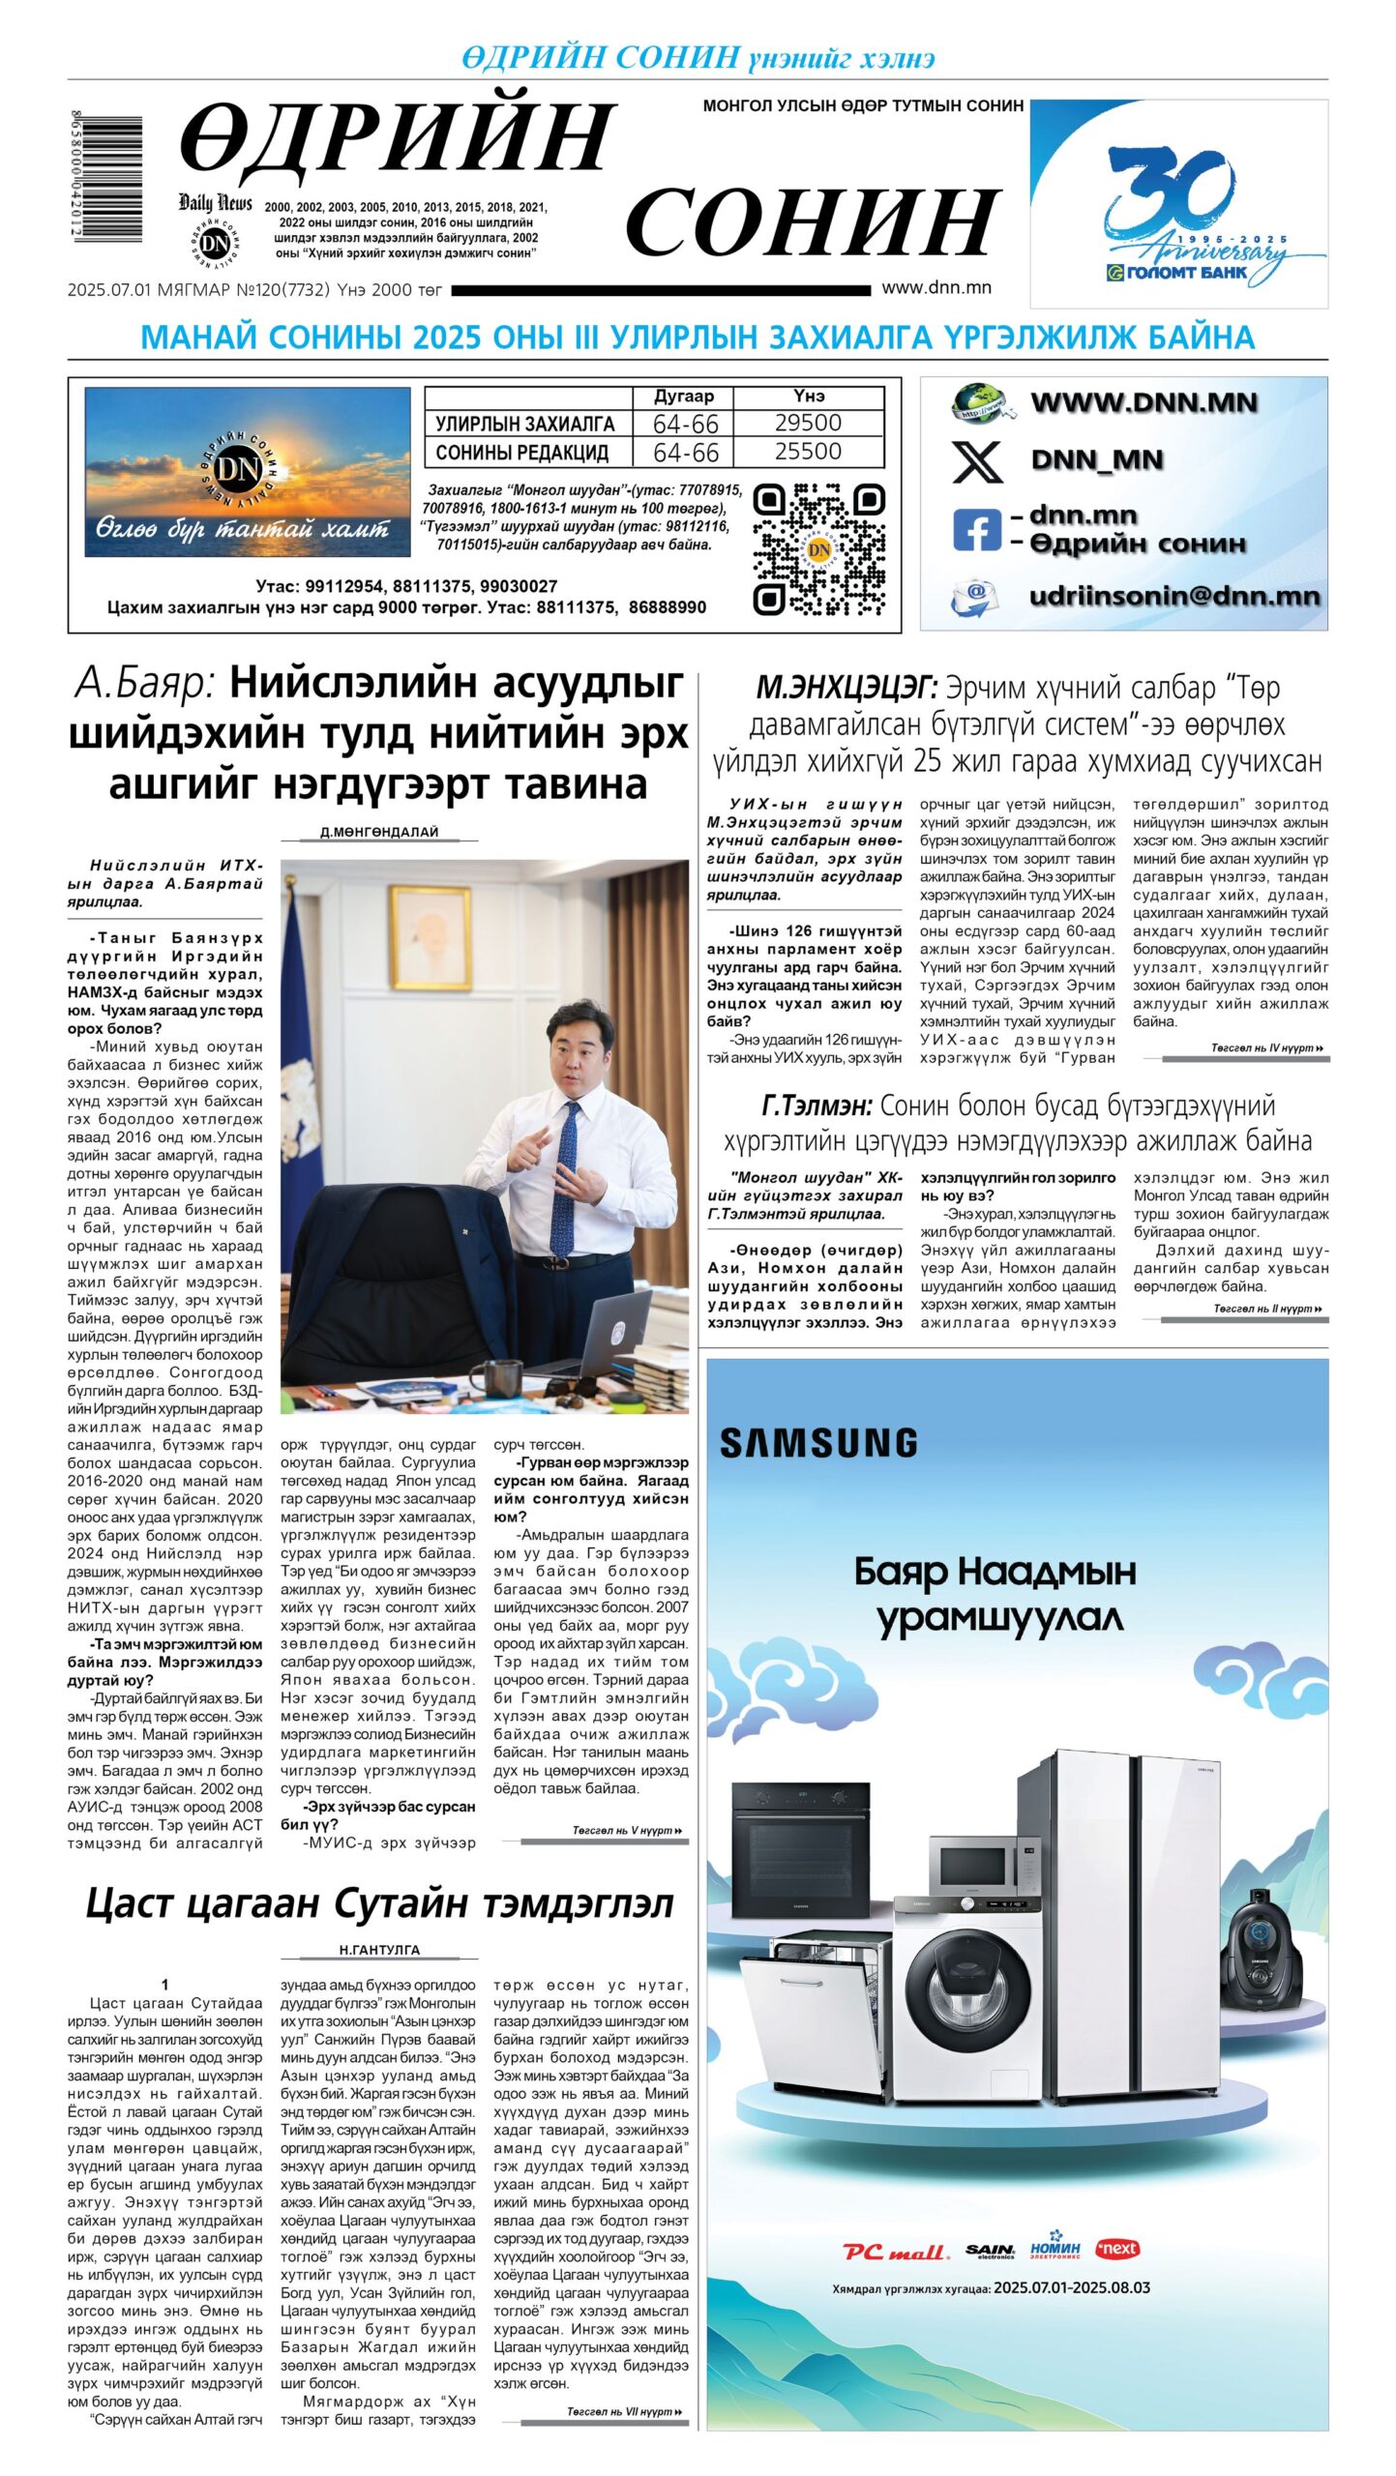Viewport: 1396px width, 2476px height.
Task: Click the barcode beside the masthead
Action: point(106,178)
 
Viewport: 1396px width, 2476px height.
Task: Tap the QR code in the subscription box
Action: point(818,549)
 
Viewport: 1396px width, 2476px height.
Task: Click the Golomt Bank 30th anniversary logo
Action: point(1177,204)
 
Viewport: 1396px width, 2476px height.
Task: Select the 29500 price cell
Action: point(808,423)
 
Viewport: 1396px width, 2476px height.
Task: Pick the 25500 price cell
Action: point(808,452)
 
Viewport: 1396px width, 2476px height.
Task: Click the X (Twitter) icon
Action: point(977,460)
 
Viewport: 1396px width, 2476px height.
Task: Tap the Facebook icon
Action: point(976,530)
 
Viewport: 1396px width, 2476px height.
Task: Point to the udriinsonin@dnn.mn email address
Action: point(1173,596)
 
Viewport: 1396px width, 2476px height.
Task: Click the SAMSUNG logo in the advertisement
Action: point(818,1444)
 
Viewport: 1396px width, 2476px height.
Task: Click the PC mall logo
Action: point(894,2252)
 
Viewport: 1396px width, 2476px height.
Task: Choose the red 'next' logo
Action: point(1117,2249)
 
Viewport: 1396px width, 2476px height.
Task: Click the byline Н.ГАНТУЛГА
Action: point(379,1950)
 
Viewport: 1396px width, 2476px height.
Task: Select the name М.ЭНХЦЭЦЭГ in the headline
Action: point(846,688)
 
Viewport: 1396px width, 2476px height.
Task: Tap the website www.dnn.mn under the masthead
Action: point(936,287)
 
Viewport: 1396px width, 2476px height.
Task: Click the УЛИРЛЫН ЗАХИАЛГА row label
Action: point(524,424)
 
